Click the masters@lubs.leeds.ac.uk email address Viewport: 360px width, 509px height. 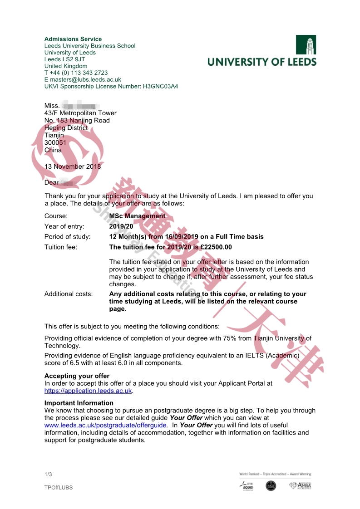point(86,79)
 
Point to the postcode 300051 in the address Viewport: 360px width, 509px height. point(55,142)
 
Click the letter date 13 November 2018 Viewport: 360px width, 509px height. point(73,166)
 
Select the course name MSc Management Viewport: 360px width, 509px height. point(137,216)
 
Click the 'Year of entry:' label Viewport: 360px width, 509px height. point(64,226)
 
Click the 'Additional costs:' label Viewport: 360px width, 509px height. point(69,294)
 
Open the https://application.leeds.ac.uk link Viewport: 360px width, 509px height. point(88,391)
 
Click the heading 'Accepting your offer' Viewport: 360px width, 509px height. point(77,376)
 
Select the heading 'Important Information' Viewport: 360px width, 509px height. point(79,403)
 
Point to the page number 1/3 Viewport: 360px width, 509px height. point(48,475)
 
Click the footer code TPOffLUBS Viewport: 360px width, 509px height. point(59,488)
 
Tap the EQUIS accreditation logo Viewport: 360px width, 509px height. point(247,486)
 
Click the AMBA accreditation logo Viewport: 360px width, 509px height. point(300,485)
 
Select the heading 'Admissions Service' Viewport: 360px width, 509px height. point(73,39)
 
